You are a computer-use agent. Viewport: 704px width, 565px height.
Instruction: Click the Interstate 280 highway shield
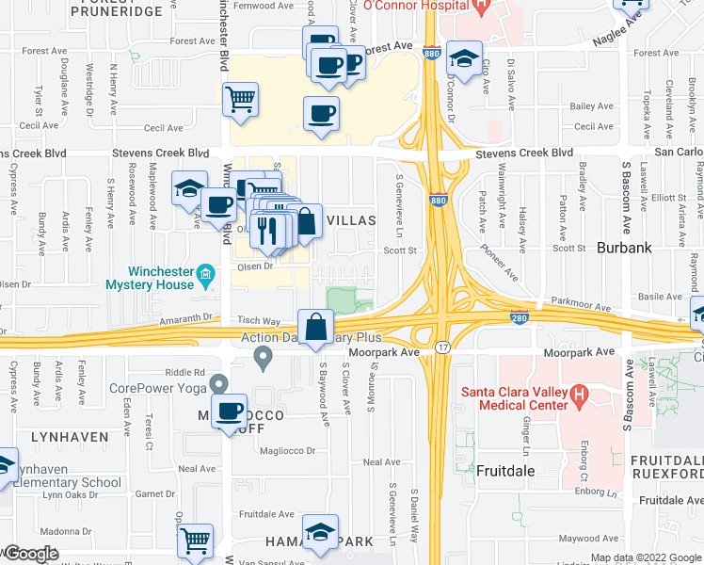pos(518,319)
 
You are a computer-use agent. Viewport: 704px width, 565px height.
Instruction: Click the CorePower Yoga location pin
pos(219,383)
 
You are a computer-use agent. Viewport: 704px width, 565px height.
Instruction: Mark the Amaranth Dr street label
pos(190,321)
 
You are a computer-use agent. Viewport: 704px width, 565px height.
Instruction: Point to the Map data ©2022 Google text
pos(645,557)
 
